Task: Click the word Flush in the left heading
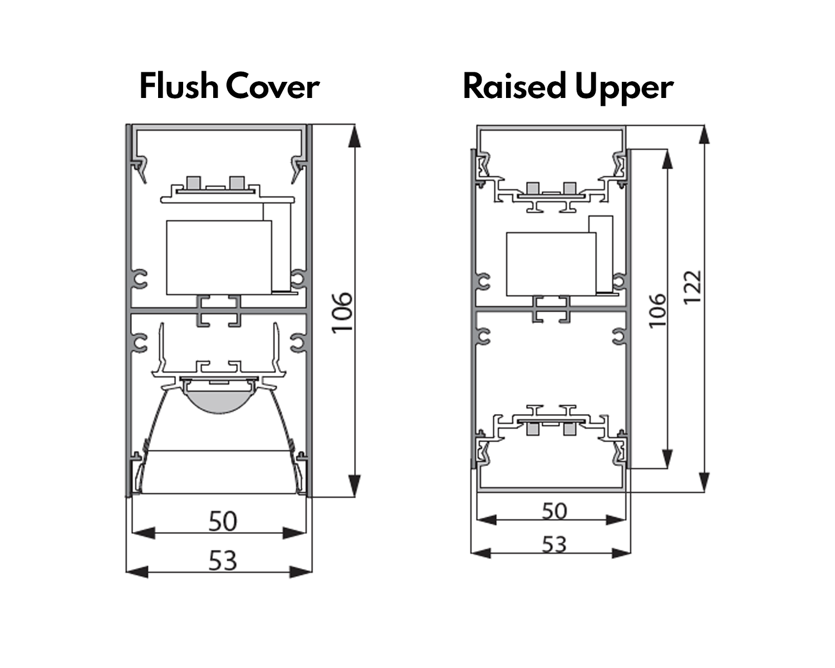tap(179, 86)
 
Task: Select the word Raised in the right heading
tap(514, 86)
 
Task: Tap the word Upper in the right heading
tap(625, 89)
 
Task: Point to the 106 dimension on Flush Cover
tap(342, 313)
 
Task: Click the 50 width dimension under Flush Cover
tap(223, 521)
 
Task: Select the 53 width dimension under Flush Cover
tap(223, 561)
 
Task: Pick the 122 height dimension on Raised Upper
tap(692, 288)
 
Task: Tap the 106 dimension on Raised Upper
tap(657, 311)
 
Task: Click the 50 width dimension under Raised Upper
tap(554, 511)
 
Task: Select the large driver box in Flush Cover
tap(219, 258)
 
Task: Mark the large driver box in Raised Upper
tap(551, 264)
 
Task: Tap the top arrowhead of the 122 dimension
tap(704, 135)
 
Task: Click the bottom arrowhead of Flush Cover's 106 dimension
tap(354, 485)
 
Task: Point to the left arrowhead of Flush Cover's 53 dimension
tap(137, 572)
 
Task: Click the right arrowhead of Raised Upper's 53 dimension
tap(621, 553)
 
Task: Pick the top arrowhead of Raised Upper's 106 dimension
tap(666, 159)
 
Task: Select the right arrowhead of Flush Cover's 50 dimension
tap(294, 533)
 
